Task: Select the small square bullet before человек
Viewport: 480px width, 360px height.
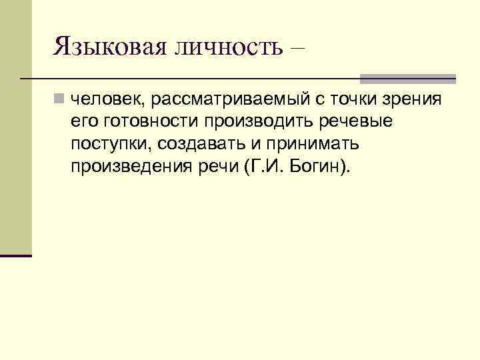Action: (60, 100)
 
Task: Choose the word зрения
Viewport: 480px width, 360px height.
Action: (417, 100)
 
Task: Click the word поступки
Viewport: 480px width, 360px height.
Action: (110, 144)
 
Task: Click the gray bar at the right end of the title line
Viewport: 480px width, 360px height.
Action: (407, 79)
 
